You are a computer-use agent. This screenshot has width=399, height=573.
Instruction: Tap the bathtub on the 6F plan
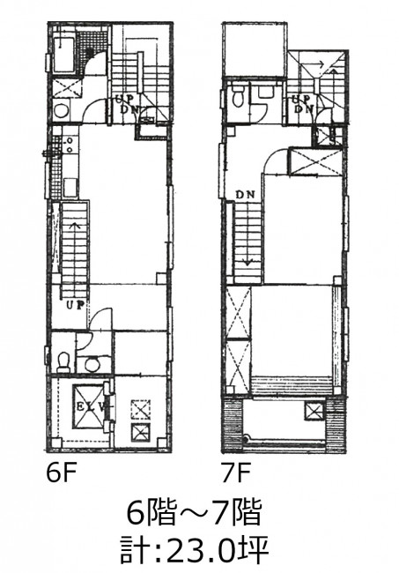65,54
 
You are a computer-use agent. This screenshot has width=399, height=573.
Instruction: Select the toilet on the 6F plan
64,361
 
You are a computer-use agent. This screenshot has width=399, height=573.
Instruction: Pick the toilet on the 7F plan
238,97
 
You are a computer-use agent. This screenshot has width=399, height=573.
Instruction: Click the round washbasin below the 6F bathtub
60,110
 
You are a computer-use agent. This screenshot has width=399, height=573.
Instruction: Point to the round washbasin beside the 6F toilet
92,364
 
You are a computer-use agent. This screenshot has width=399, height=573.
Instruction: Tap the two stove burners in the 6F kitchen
69,145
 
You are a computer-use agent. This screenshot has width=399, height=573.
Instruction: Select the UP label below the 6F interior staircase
76,303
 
